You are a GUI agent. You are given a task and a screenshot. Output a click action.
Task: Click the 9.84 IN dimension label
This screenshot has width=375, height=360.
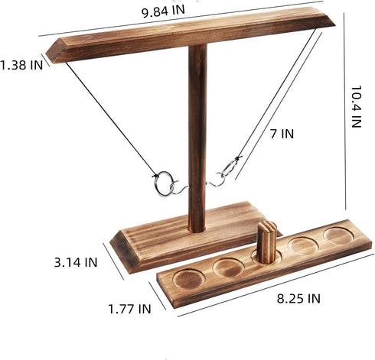pyautogui.click(x=163, y=11)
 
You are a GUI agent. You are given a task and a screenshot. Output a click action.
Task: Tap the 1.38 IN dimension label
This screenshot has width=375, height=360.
pyautogui.click(x=21, y=65)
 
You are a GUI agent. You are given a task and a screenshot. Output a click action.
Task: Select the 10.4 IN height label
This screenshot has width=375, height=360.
pyautogui.click(x=357, y=106)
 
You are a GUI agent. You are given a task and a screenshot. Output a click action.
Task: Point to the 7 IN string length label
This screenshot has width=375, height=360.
pyautogui.click(x=282, y=134)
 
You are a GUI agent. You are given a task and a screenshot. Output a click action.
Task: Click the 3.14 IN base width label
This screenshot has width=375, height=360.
pyautogui.click(x=76, y=262)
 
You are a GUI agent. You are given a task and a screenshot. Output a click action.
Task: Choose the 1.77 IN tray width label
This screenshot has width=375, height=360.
pyautogui.click(x=129, y=309)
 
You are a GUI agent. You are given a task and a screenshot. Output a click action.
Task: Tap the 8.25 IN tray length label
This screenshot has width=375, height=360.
pyautogui.click(x=298, y=298)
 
